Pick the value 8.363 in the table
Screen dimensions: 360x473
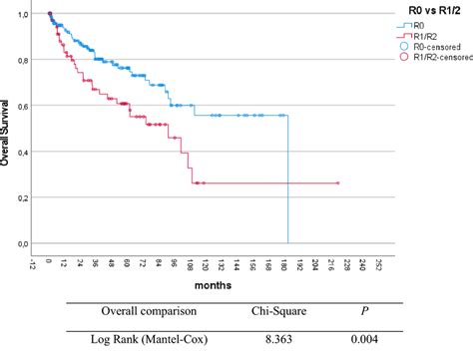[x=282, y=340]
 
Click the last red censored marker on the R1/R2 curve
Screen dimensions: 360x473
[x=338, y=183]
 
